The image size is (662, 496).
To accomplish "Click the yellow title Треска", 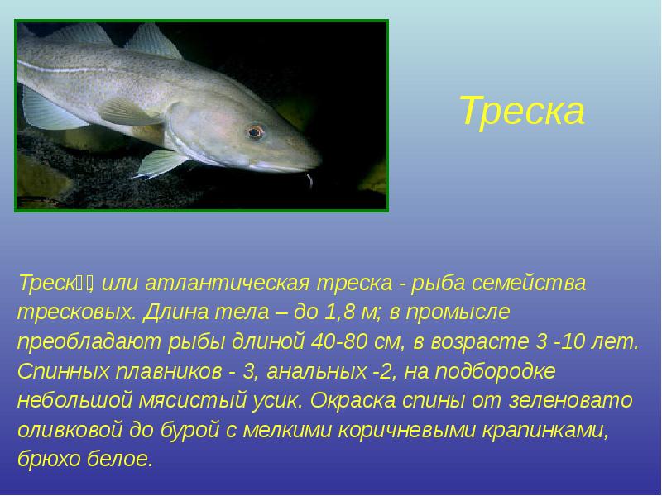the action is (522, 111).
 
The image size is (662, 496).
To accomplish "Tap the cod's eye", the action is (256, 132).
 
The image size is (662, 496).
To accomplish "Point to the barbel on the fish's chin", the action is (309, 179).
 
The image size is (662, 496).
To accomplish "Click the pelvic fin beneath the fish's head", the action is (161, 163).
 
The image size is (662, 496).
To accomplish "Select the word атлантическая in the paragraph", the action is (227, 283).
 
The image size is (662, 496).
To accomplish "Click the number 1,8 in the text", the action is (339, 312).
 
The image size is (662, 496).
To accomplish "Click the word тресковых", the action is (76, 312).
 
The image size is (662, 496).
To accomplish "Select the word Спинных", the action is (63, 371).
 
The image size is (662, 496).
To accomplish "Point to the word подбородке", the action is (495, 371).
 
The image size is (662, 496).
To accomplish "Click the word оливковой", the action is (70, 430).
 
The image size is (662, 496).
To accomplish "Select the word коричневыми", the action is (406, 430).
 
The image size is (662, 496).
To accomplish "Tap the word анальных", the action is (317, 371).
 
